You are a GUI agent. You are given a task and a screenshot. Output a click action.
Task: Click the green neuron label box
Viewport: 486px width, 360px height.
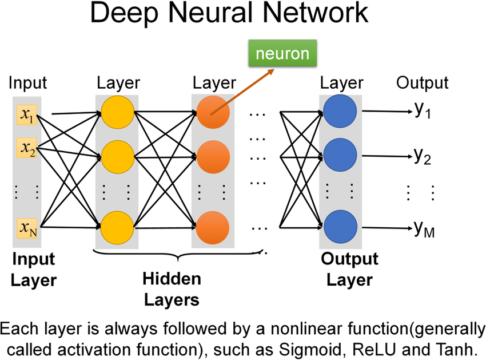pyautogui.click(x=282, y=54)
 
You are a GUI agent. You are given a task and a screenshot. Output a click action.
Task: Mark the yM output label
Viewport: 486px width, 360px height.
pyautogui.click(x=424, y=230)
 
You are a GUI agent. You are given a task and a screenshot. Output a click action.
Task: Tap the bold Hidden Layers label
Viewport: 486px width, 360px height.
pyautogui.click(x=171, y=289)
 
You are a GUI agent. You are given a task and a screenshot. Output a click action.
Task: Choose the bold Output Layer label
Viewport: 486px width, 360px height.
pyautogui.click(x=349, y=270)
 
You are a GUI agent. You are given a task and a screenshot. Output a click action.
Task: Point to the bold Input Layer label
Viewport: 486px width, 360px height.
pyautogui.click(x=34, y=270)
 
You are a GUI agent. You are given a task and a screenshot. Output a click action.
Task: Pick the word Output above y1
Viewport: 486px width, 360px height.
pyautogui.click(x=423, y=83)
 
